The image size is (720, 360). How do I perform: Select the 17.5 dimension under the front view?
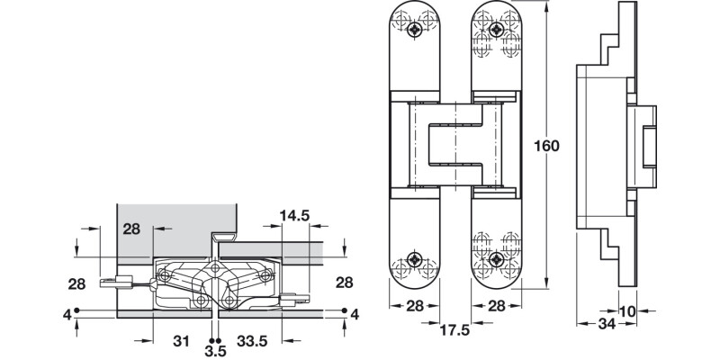tap(454, 328)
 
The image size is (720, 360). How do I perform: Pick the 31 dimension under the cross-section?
tap(180, 341)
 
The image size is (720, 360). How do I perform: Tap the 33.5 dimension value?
tap(254, 341)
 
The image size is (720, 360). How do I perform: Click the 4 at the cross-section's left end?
tap(67, 313)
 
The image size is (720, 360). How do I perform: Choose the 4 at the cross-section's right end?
tap(354, 313)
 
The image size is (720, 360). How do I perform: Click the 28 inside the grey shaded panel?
tap(132, 229)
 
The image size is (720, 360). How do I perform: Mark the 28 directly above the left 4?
tap(76, 284)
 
